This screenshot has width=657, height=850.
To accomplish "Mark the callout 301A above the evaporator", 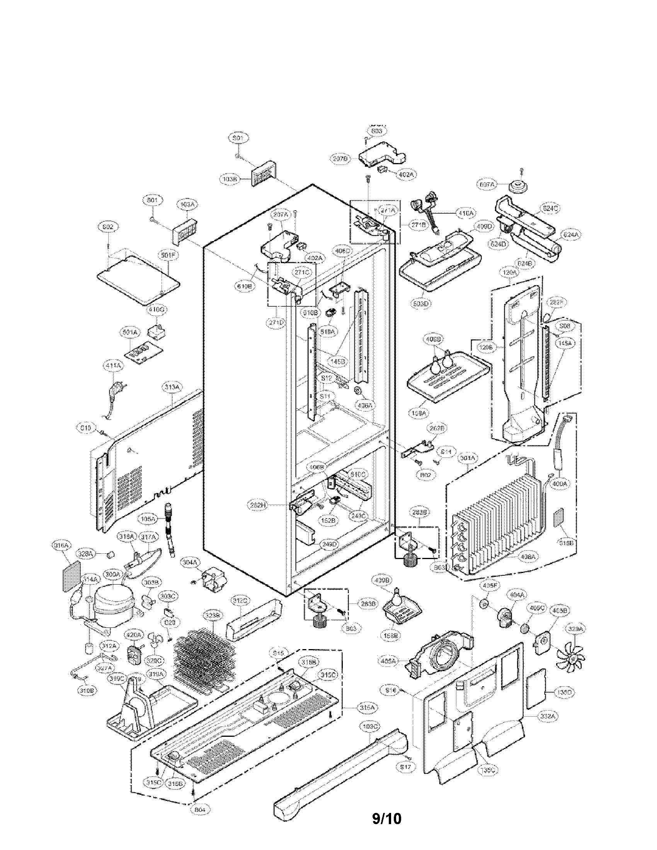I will [467, 459].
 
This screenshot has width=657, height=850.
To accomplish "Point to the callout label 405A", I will [388, 660].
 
